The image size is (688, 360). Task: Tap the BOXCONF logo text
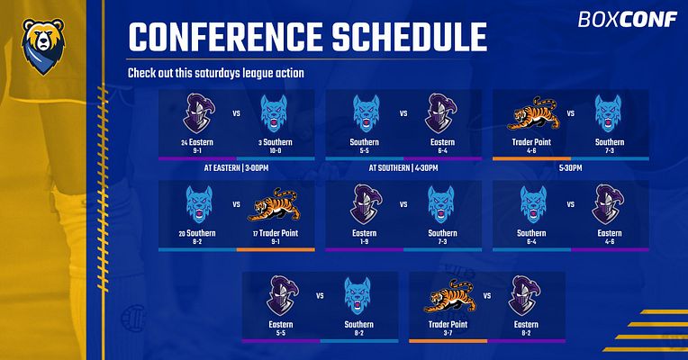(x=628, y=19)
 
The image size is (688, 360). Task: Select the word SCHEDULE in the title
(x=410, y=37)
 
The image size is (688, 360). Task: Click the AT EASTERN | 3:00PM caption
(x=236, y=168)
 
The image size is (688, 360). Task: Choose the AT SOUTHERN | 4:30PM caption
(x=403, y=168)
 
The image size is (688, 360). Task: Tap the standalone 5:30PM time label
(x=570, y=168)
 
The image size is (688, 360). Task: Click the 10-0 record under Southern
(x=276, y=151)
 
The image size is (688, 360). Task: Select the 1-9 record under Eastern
(x=364, y=241)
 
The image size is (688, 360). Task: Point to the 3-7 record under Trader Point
(x=448, y=333)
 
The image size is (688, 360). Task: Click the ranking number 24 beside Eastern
(x=185, y=143)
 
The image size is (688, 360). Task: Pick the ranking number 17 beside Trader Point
(x=256, y=234)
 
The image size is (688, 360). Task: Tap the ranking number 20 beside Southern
(x=182, y=234)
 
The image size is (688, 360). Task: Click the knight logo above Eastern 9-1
(x=198, y=113)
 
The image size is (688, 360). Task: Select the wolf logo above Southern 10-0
(x=275, y=114)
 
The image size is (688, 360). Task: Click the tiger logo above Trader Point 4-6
(x=533, y=113)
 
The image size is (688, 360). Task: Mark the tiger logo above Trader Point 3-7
(x=450, y=296)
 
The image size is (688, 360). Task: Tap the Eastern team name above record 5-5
(x=281, y=325)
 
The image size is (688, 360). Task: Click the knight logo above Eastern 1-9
(x=366, y=205)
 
